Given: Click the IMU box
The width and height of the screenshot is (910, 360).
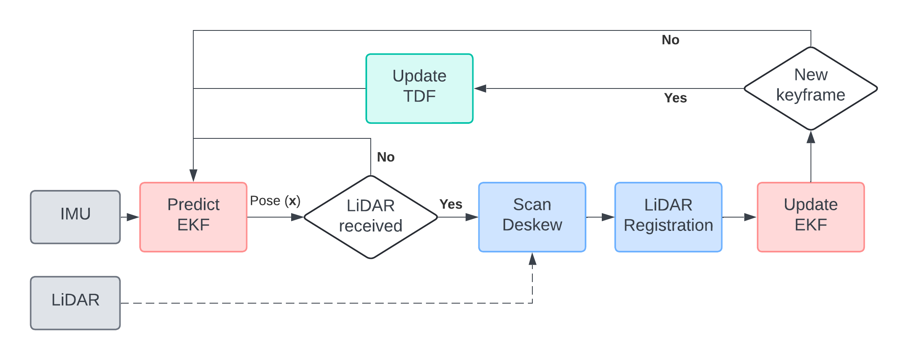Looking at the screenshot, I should (76, 217).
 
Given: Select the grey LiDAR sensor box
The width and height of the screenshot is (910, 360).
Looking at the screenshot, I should (76, 303).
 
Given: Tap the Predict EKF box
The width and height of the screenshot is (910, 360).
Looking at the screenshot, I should (193, 217).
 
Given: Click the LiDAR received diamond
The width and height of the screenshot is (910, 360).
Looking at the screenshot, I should (371, 217).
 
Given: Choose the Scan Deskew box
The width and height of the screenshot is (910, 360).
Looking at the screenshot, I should (532, 217).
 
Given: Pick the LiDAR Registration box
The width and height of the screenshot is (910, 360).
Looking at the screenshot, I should (668, 217).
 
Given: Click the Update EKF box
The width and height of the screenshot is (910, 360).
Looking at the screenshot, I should (811, 217).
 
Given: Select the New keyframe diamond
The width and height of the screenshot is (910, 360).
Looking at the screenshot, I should (811, 88).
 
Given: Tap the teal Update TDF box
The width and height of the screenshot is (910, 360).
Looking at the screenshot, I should (419, 88).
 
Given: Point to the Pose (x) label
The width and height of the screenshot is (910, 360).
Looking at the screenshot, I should (275, 200).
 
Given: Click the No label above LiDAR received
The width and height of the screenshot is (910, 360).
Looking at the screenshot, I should (386, 157).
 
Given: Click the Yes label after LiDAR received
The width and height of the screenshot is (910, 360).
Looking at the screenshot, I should (451, 204).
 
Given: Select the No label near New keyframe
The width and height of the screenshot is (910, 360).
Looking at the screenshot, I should (670, 40).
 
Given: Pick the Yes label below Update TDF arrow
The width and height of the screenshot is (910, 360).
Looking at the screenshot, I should (675, 98).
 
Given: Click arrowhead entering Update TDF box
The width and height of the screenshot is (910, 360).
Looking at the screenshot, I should (480, 88).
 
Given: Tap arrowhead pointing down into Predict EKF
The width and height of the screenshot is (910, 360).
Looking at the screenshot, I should (193, 175).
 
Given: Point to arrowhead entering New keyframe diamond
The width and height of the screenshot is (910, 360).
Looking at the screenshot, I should (811, 137).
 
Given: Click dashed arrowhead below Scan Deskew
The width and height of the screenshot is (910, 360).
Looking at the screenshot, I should (532, 259).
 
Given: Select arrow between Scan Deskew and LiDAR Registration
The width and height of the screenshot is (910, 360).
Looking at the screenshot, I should (601, 217).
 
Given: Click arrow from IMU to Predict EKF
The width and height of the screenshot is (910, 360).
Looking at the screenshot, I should (130, 217).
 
